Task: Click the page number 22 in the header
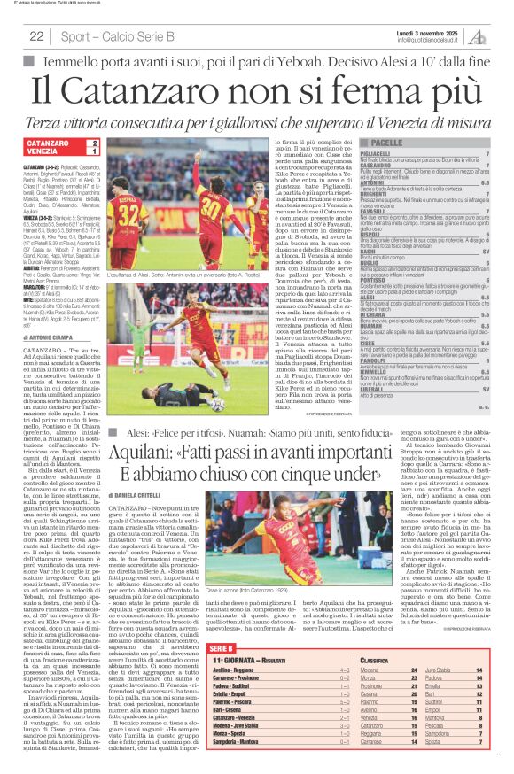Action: click(36, 35)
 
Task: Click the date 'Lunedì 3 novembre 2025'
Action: click(426, 32)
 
